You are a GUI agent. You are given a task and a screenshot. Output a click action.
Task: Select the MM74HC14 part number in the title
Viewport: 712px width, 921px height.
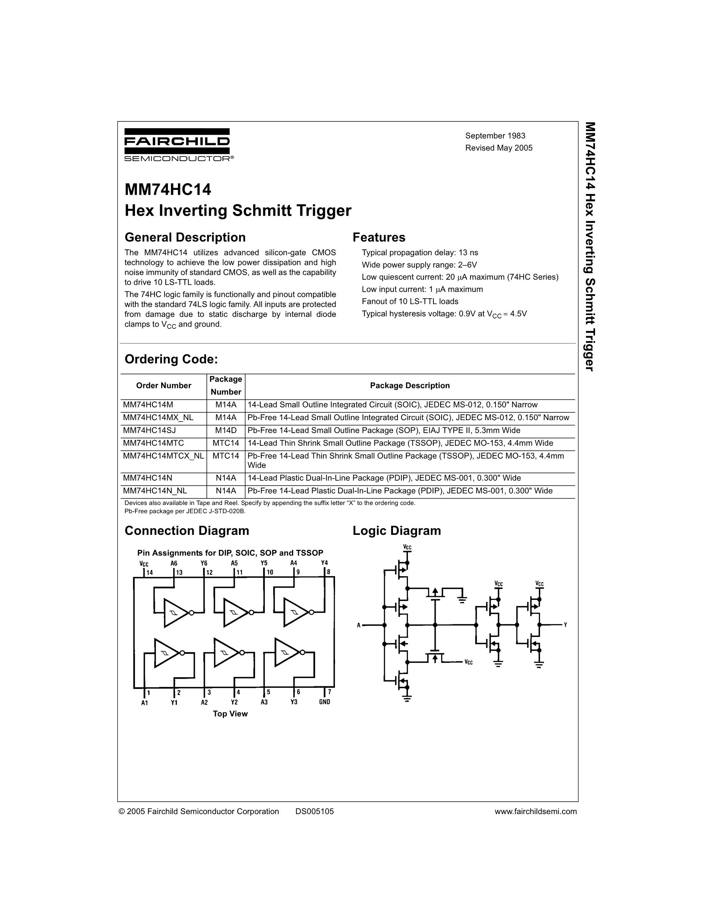168,190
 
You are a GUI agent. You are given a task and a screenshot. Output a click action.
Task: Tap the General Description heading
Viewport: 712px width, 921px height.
185,237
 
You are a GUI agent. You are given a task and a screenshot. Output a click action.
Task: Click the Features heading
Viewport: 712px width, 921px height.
379,237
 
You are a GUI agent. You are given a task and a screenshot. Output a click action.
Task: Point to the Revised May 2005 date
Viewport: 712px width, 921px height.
498,148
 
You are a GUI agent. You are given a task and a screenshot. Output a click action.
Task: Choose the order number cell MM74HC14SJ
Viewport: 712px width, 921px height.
149,431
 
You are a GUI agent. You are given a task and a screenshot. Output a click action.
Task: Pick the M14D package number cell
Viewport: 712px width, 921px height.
225,431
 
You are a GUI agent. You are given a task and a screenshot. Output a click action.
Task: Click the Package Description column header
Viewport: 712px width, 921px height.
409,385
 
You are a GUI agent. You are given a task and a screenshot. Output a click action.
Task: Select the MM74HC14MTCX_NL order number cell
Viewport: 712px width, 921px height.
163,456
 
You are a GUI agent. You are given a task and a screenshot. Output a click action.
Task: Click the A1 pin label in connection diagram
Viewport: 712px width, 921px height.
145,703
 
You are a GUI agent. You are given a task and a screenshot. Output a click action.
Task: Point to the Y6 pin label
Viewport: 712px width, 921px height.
204,563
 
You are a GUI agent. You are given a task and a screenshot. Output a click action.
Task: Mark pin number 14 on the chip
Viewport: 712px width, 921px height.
150,573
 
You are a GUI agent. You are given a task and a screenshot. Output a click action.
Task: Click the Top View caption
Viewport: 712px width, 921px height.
230,714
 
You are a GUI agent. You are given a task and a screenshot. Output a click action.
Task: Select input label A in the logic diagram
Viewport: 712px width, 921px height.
359,625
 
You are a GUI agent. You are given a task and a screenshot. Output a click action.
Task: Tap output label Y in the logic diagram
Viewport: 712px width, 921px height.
565,625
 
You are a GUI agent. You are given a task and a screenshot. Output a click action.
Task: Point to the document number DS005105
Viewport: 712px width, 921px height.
314,811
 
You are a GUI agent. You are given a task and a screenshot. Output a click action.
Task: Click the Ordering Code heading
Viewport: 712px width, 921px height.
171,359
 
